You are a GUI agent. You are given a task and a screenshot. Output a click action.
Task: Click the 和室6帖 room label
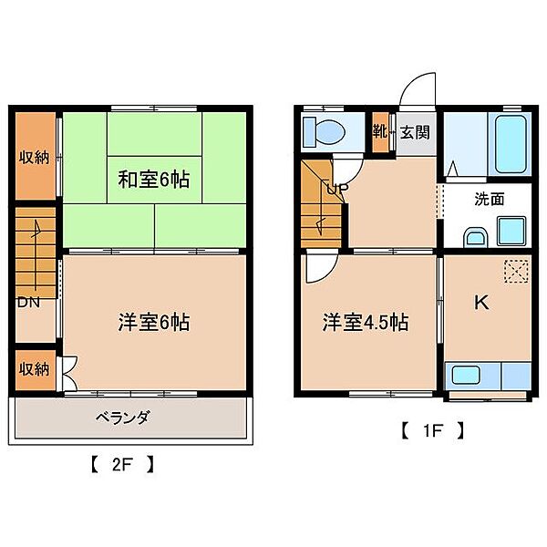pos(153,179)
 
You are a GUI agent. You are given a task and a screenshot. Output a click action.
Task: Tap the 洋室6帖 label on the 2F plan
pos(153,322)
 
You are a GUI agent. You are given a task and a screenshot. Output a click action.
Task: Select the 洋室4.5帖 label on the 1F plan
pos(365,322)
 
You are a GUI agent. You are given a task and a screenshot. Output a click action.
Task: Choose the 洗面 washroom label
pos(487,200)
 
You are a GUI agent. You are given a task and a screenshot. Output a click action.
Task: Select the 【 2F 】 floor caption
pos(122,463)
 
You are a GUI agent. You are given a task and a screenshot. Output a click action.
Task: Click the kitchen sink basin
pos(467,375)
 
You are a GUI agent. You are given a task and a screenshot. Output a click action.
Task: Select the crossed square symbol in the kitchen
pos(516,272)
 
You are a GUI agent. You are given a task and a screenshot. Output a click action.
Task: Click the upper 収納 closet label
pos(35,157)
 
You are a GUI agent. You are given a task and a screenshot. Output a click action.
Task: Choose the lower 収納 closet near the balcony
pos(35,369)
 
